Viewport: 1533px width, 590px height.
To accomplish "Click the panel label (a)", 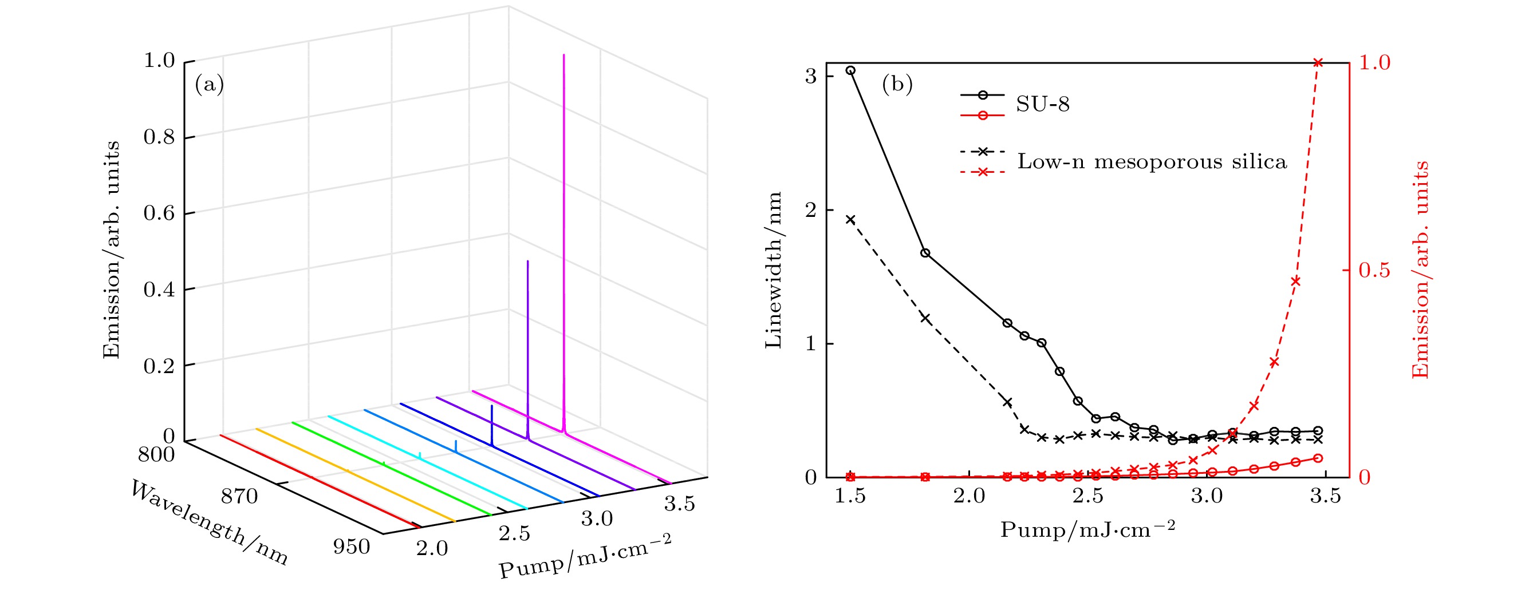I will point(209,85).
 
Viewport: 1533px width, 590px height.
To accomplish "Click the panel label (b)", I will point(897,85).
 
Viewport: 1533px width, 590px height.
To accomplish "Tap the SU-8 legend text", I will point(1043,105).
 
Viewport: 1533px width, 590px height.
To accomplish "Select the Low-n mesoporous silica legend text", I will point(1152,162).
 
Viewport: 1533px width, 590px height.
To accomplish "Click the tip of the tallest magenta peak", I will point(563,56).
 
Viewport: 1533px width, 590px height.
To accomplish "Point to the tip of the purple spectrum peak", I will point(527,261).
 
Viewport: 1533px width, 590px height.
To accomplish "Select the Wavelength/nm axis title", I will point(209,524).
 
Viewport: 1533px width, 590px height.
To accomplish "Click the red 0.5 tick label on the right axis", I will point(1374,270).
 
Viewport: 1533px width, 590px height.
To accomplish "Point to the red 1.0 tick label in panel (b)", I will point(1374,63).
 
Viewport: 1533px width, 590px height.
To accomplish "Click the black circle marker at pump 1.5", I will point(850,70).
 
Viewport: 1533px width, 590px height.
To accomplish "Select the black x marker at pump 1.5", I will point(850,220).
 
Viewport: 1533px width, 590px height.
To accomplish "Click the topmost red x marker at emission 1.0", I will point(1318,62).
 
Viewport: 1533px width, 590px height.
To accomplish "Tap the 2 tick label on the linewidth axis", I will point(810,211).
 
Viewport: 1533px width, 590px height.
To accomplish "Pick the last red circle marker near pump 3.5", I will point(1318,458).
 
